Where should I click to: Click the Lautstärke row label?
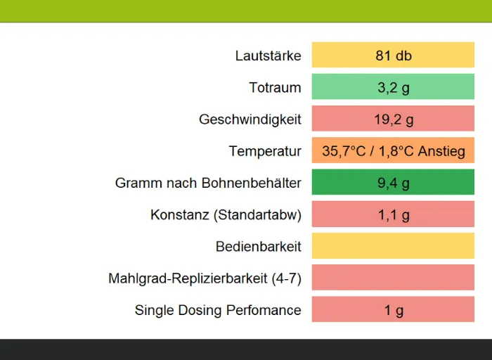point(268,56)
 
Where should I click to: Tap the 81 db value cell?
point(393,56)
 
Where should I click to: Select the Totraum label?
point(275,88)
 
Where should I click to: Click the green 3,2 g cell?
point(393,88)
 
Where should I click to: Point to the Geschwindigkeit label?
point(250,120)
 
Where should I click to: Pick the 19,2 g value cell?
point(393,120)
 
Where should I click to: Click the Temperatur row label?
point(264,151)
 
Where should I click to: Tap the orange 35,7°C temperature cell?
point(393,151)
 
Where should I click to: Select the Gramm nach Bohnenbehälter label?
point(208,183)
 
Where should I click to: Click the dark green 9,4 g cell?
point(393,183)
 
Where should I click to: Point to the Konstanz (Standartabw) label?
point(226,215)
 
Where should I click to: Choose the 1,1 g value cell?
point(393,215)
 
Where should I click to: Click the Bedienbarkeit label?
point(258,247)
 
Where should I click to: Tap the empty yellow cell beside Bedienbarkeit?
point(393,247)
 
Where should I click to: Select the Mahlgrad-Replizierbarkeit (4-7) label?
point(205,278)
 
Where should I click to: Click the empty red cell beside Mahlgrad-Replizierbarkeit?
point(393,278)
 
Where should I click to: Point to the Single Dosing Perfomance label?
point(218,310)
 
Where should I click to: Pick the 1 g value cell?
point(393,310)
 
